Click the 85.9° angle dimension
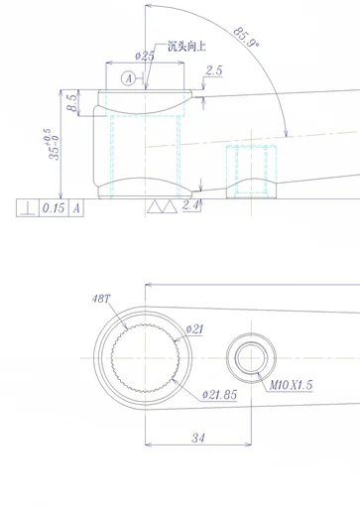tap(246, 38)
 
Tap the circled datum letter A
tap(127, 77)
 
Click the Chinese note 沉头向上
tap(185, 46)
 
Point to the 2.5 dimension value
tap(213, 71)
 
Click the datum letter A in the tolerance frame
tap(75, 208)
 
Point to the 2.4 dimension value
tap(191, 205)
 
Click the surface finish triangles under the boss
tap(159, 207)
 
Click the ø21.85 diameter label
tap(218, 394)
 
